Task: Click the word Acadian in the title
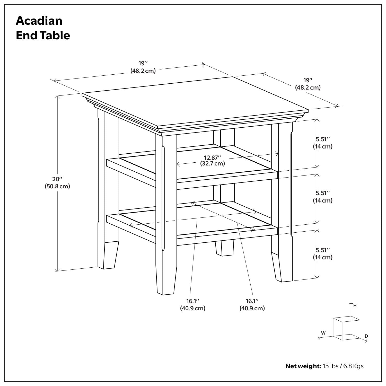tap(39, 21)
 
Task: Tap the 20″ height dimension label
tap(57, 179)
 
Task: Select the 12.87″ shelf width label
tap(212, 157)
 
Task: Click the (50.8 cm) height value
tap(57, 187)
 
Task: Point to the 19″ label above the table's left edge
tap(143, 63)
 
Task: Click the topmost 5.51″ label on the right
tap(323, 139)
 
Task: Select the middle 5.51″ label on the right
tap(323, 193)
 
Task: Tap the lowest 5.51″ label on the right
tap(323, 250)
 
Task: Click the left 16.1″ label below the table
tap(192, 301)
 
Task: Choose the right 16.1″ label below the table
tap(252, 301)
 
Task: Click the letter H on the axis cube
tap(355, 306)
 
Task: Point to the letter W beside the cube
tap(323, 333)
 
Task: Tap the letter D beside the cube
tap(366, 336)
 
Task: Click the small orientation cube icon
tap(346, 328)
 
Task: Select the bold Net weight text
tap(303, 366)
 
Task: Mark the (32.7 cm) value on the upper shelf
tap(212, 164)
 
